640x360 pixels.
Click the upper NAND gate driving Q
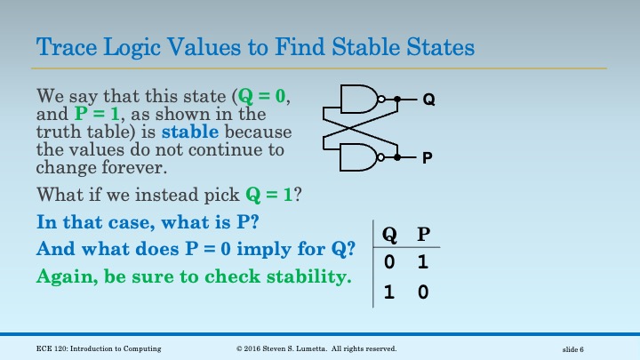point(359,100)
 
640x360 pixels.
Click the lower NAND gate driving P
point(359,157)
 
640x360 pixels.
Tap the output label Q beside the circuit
point(428,100)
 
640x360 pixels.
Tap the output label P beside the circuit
point(428,158)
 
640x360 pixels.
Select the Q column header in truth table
point(389,235)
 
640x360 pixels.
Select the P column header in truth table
point(423,235)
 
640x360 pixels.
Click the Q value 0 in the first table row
point(389,263)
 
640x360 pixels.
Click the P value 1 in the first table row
point(423,263)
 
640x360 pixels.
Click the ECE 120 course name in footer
point(93,348)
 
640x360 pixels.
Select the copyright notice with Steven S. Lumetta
point(316,348)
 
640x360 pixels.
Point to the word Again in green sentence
point(65,276)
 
